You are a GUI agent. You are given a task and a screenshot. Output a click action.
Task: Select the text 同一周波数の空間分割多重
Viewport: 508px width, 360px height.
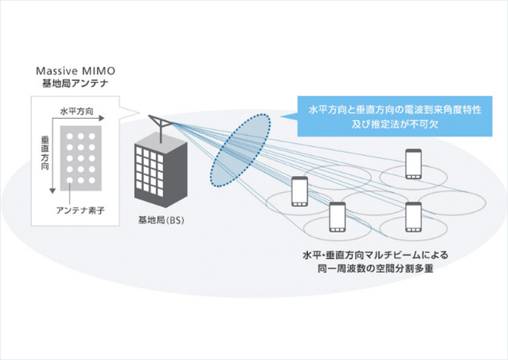click(x=377, y=269)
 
